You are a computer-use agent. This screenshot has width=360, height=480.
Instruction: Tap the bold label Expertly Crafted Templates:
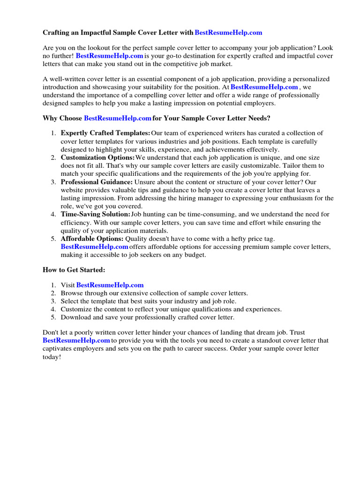pyautogui.click(x=105, y=134)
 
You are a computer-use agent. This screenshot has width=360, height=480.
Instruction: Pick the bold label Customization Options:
pyautogui.click(x=97, y=158)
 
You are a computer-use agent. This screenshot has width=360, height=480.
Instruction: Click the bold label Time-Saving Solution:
pyautogui.click(x=95, y=214)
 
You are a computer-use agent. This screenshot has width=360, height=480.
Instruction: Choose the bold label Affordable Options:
pyautogui.click(x=92, y=239)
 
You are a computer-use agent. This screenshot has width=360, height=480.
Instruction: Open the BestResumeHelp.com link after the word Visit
pyautogui.click(x=110, y=285)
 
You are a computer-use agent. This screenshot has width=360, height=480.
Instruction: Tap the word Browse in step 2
pyautogui.click(x=72, y=293)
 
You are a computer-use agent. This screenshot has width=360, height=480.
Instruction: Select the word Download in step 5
pyautogui.click(x=75, y=317)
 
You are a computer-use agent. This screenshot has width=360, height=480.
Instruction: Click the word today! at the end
pyautogui.click(x=52, y=357)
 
